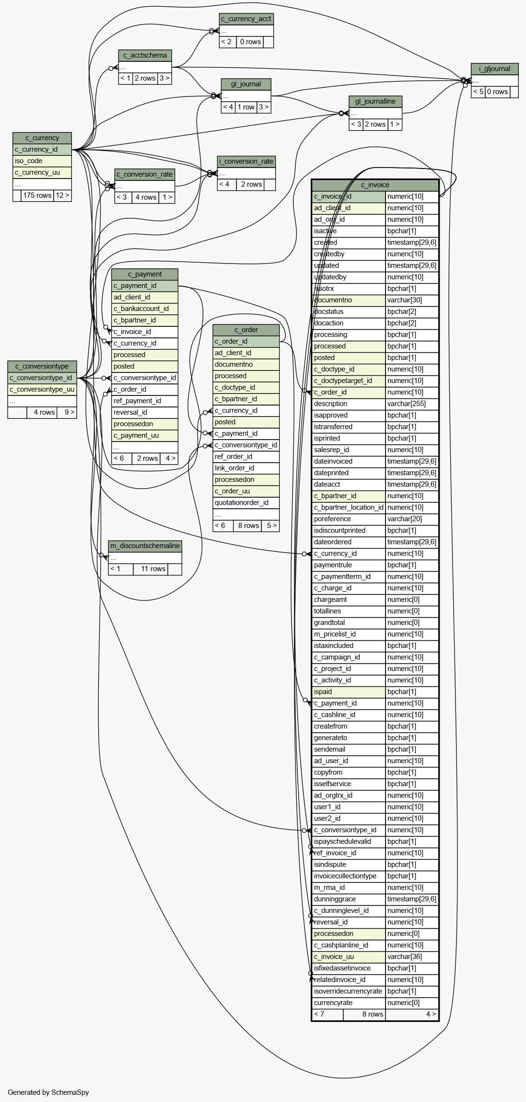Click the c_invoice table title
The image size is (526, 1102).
coord(375,185)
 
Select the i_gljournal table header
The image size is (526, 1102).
coord(494,69)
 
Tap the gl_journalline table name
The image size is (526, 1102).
coord(375,101)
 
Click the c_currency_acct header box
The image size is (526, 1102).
coord(246,19)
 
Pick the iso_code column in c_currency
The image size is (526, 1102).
coord(42,161)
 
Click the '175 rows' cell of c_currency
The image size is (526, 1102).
coord(37,195)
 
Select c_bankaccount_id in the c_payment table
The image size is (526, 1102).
coord(145,309)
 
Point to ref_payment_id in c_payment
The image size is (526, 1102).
coord(145,401)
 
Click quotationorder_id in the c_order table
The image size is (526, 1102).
coord(246,503)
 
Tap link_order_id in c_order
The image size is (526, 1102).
coord(246,468)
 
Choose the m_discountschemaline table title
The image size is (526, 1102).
coord(145,546)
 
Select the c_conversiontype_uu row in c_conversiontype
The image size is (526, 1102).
coord(42,389)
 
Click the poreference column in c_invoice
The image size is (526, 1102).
coord(349,519)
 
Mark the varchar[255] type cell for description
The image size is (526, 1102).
coord(412,404)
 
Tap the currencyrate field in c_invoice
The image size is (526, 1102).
coord(349,1003)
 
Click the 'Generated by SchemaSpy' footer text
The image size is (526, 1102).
coord(48,1092)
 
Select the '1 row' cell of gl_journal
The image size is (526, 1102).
coord(246,107)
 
